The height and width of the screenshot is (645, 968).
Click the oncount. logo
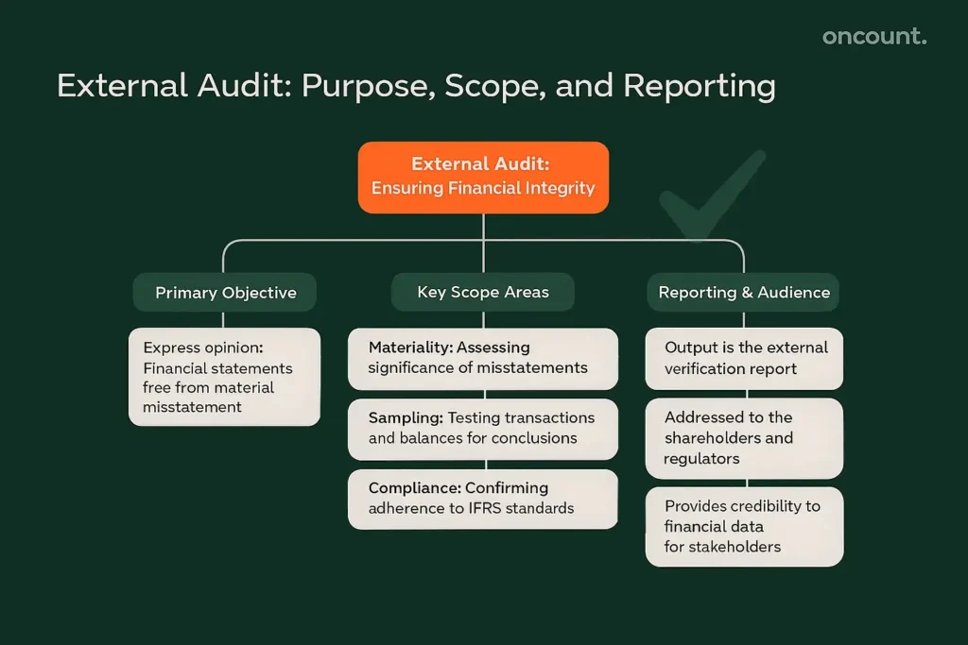click(x=873, y=37)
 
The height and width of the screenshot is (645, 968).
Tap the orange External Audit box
click(x=483, y=177)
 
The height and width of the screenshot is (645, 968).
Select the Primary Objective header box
click(x=225, y=293)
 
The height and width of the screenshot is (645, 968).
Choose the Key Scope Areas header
click(x=483, y=293)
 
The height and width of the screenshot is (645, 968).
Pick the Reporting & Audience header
click(x=744, y=293)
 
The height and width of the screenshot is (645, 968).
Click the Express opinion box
click(x=224, y=377)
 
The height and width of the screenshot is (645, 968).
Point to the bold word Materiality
click(x=408, y=348)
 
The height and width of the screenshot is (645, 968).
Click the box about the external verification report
click(x=744, y=358)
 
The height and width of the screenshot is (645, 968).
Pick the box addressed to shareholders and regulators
click(x=744, y=438)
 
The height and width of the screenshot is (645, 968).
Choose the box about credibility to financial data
click(x=744, y=526)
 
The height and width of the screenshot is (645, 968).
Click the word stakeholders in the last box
click(x=735, y=547)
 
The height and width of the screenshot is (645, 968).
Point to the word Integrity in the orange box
click(x=561, y=188)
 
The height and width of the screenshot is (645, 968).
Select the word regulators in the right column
click(x=701, y=459)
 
